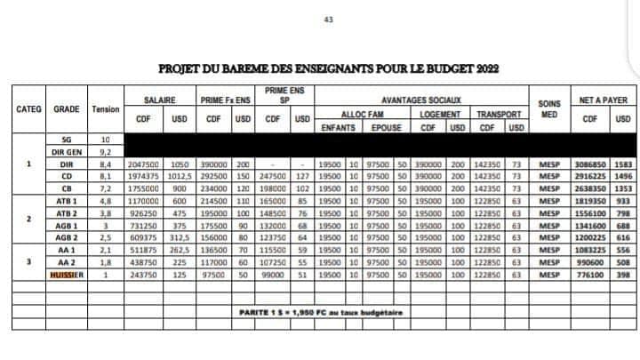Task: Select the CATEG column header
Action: (29, 109)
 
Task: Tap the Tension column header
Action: (106, 109)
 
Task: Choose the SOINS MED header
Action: (548, 108)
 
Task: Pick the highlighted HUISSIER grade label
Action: (66, 276)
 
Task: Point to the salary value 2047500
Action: (142, 164)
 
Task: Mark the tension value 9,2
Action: (106, 152)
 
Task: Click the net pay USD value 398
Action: (623, 276)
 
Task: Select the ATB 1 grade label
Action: (66, 202)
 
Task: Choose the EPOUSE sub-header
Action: (387, 127)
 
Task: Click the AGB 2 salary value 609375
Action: (142, 239)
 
